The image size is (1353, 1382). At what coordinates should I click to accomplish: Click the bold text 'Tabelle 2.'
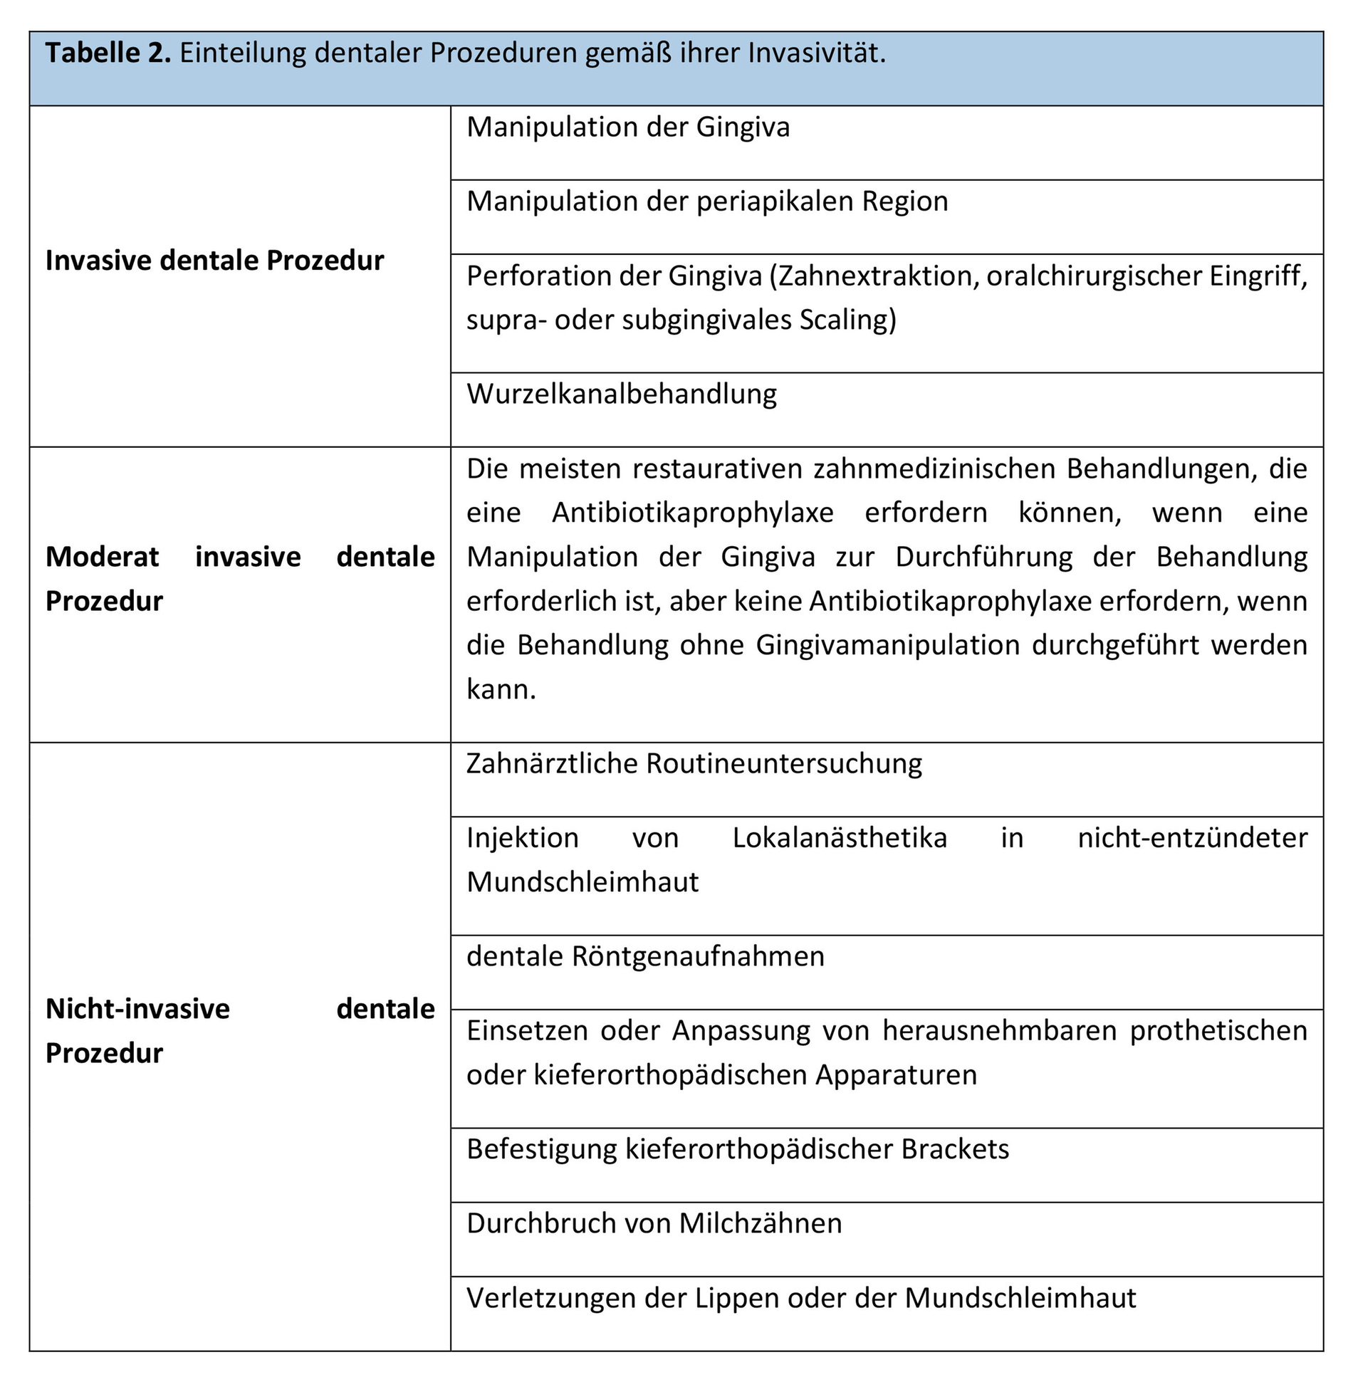[108, 53]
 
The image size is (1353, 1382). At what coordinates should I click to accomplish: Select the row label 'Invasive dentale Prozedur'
[214, 261]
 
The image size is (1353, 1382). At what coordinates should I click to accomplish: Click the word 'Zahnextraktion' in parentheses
[872, 276]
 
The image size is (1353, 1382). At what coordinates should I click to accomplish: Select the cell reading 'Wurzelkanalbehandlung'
[622, 394]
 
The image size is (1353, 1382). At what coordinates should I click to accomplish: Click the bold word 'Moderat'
[103, 557]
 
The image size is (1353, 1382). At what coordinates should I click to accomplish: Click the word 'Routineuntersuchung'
[784, 763]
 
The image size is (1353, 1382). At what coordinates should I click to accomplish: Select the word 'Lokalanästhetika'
[840, 838]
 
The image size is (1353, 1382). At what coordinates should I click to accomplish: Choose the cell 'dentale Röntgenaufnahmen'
[645, 956]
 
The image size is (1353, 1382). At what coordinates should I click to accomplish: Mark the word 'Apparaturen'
[896, 1074]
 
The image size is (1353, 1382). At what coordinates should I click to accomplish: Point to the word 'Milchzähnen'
[760, 1223]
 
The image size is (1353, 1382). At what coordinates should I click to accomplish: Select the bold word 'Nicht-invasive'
[137, 1009]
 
